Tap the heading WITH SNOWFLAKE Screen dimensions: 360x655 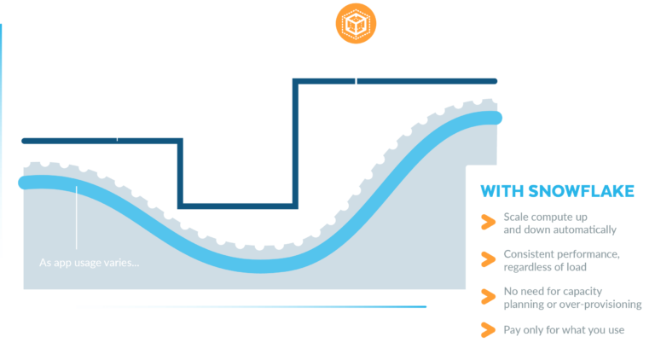point(557,191)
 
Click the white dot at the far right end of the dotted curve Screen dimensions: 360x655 point(496,98)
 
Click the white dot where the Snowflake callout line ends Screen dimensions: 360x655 point(355,190)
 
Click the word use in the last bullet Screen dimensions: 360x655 point(615,329)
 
